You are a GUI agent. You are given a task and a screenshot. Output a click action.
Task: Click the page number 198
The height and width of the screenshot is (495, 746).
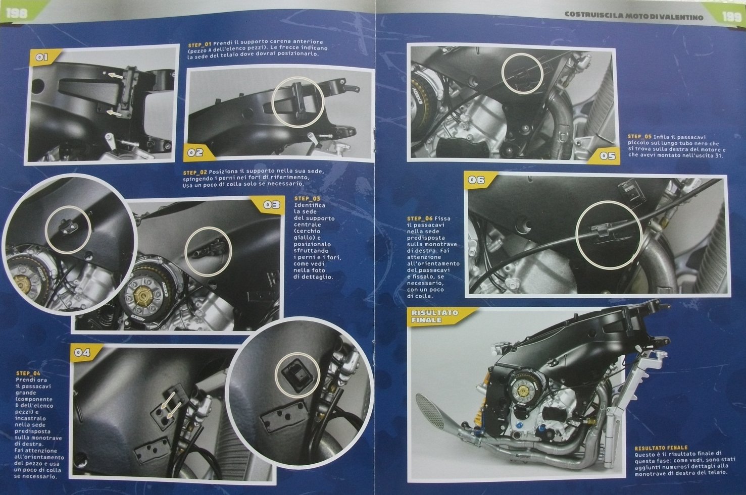point(17,13)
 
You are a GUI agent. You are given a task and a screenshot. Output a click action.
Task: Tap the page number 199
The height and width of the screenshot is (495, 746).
point(731,17)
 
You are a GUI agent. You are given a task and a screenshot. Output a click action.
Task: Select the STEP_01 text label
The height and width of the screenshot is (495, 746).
point(200,44)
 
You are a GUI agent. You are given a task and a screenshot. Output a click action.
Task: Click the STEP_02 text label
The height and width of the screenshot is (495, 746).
point(195,173)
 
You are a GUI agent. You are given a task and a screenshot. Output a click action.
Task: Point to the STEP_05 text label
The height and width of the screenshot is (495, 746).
point(639,136)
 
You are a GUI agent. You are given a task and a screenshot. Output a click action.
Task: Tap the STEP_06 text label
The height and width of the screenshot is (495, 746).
point(420,218)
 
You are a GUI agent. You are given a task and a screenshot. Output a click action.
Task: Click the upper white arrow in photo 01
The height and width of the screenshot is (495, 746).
point(116,75)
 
